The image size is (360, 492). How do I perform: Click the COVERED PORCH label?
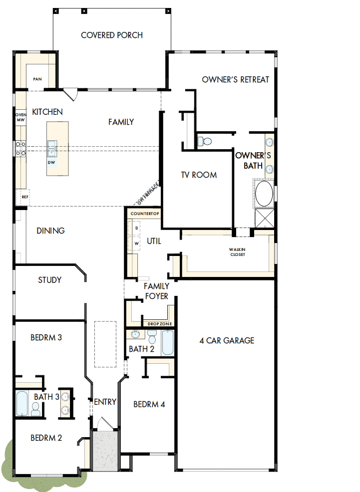112,35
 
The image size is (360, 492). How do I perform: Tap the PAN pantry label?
37,79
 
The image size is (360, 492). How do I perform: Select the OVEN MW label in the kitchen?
20,117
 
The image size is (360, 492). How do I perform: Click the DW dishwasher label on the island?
51,163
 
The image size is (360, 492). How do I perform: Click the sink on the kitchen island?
52,148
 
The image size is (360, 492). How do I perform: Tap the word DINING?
50,231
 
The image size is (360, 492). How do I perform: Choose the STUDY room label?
50,280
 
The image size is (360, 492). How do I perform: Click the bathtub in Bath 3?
22,404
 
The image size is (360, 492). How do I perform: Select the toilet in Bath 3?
35,410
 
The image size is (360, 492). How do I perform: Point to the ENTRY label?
105,402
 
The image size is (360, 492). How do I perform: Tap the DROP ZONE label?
160,324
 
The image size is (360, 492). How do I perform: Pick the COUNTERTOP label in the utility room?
144,214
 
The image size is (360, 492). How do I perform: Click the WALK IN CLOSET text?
237,252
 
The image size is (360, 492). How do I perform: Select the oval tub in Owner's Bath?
264,194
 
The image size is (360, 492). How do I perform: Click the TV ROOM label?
199,175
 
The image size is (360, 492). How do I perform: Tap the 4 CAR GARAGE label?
227,341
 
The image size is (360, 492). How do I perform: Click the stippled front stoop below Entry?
105,451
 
